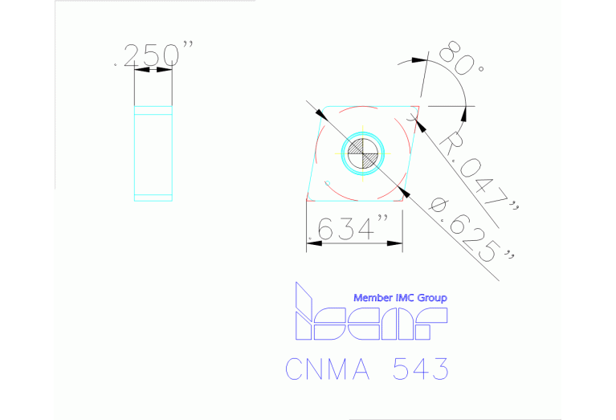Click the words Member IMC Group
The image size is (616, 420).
click(x=400, y=298)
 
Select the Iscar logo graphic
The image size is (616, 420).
click(x=369, y=315)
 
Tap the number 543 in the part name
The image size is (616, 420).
click(x=420, y=369)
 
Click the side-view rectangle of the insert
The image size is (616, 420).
click(x=153, y=153)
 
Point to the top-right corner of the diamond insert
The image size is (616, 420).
click(x=418, y=105)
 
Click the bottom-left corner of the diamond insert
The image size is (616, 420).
click(x=308, y=198)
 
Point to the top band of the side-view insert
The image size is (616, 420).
click(x=153, y=112)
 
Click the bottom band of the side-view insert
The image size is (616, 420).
click(x=153, y=197)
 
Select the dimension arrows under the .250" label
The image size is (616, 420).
click(x=153, y=71)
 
